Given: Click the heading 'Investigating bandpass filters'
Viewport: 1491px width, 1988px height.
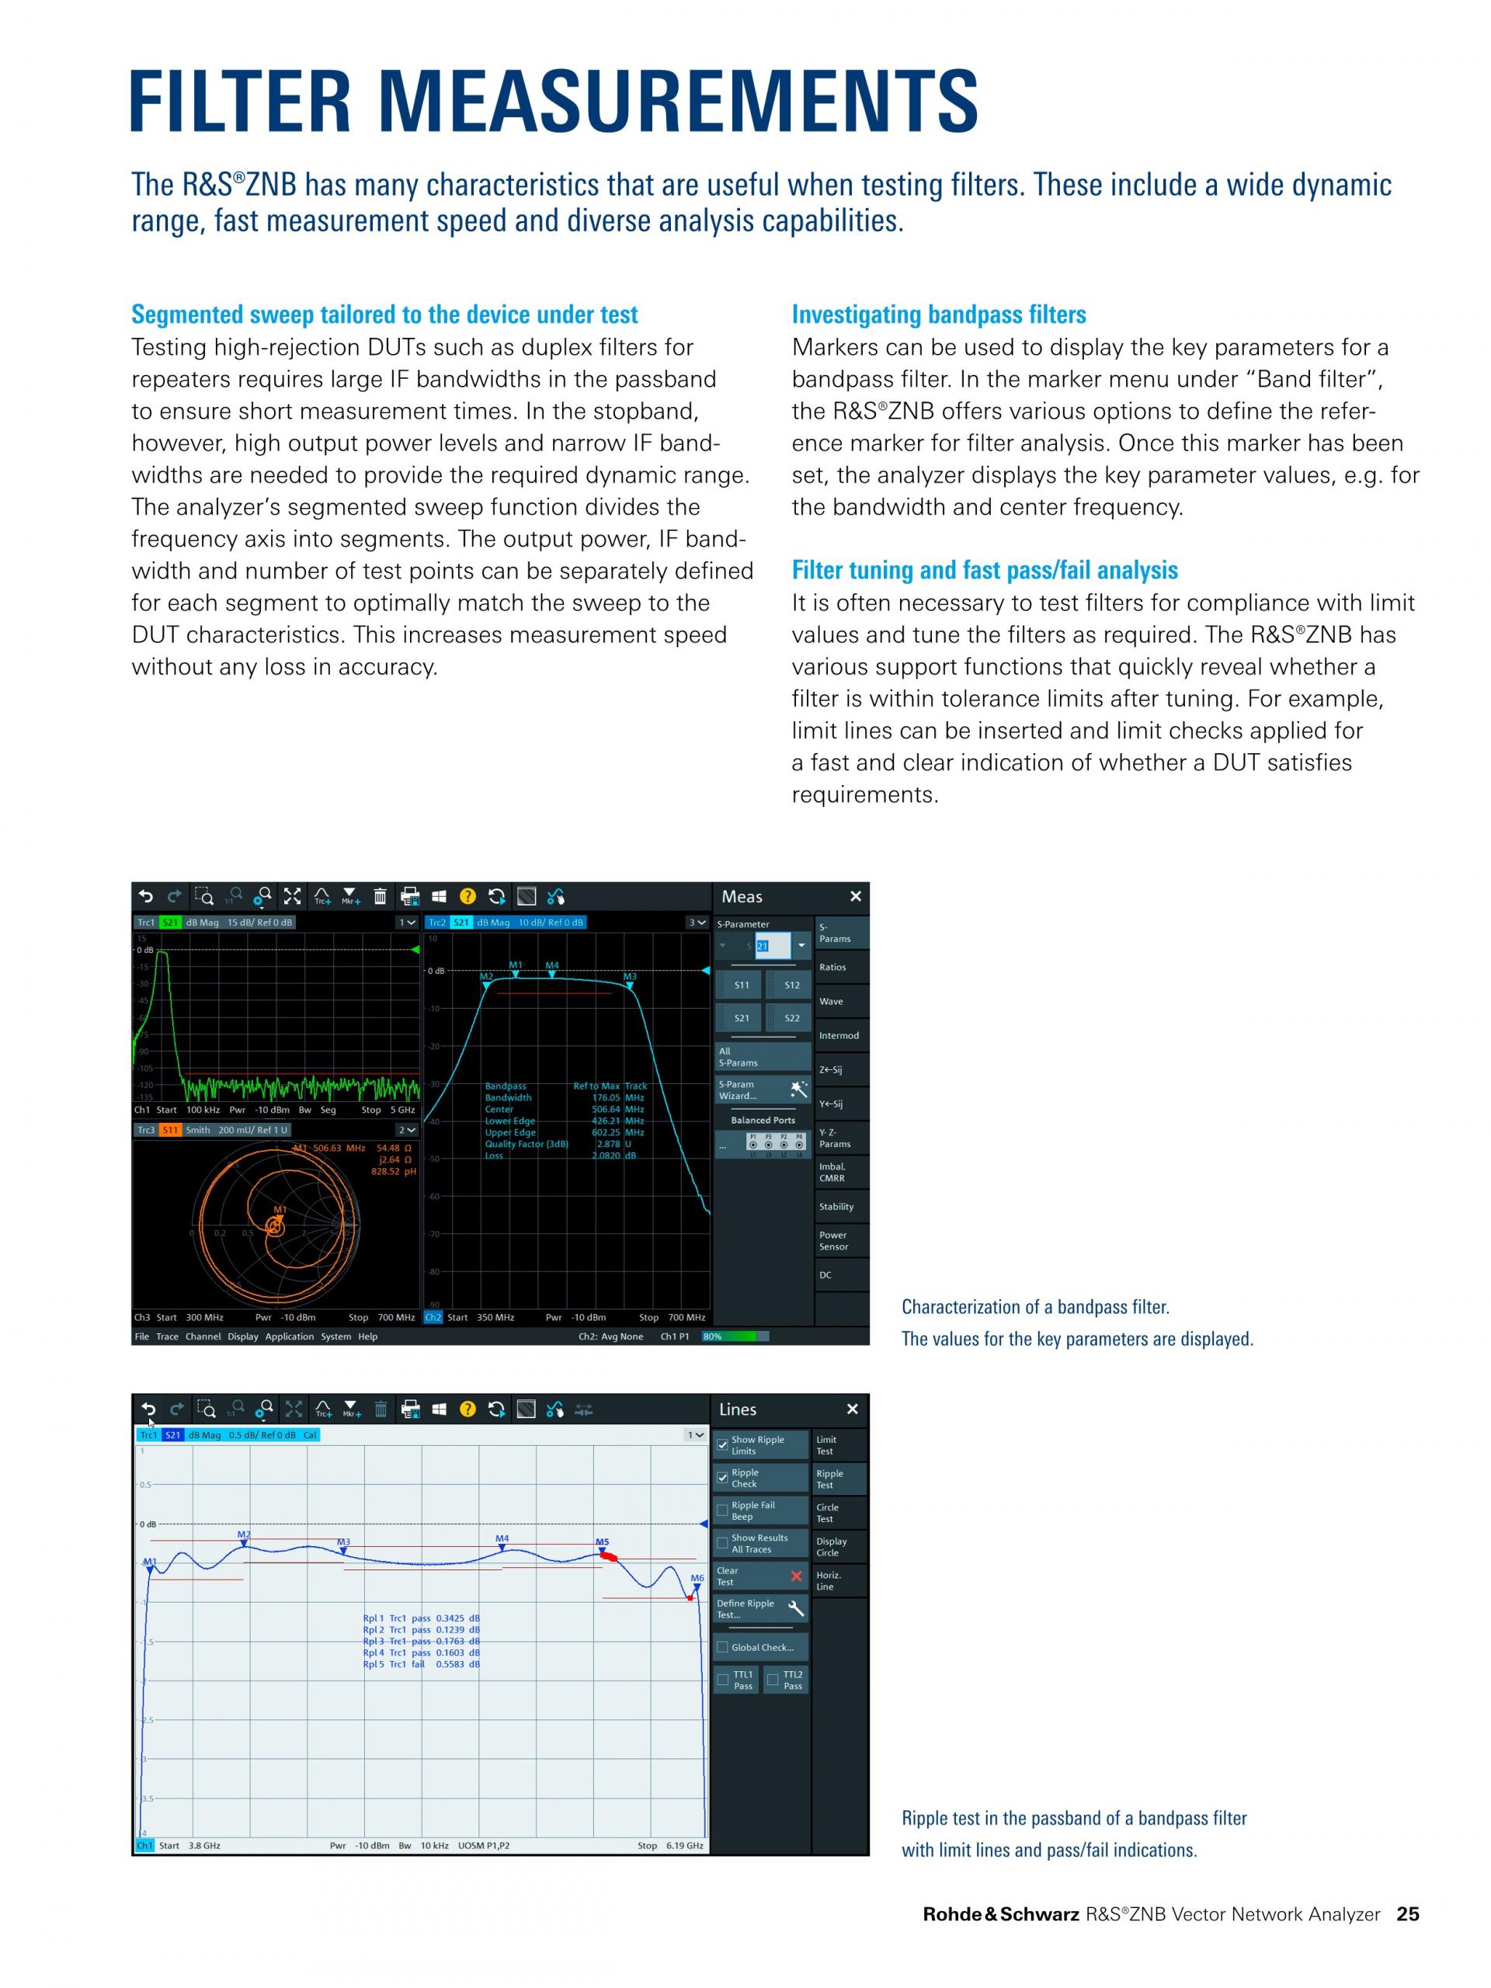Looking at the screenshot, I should pos(938,315).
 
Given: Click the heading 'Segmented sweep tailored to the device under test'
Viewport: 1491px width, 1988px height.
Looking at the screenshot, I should pos(384,315).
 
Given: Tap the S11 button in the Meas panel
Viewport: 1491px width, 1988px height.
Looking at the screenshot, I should pos(742,985).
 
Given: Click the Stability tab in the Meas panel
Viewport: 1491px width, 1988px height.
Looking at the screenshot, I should pos(836,1207).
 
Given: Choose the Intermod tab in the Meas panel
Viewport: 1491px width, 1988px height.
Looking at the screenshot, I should pos(839,1035).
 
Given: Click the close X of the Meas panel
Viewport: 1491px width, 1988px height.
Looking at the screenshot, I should pos(856,896).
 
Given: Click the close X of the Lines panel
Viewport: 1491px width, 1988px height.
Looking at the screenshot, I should pos(852,1409).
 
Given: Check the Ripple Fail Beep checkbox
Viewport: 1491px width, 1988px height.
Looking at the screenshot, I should pos(722,1510).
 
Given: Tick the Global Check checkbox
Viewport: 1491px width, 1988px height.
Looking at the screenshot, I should pos(722,1647).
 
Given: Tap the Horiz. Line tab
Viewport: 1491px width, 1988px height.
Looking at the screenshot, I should pos(829,1581).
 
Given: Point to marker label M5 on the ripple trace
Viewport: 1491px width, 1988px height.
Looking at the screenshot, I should pos(602,1542).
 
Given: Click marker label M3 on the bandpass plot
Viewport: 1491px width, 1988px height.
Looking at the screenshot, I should pos(630,977).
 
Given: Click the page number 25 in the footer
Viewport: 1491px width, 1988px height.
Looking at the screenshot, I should pos(1407,1914).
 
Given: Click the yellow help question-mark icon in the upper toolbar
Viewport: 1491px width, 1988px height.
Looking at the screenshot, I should pos(467,896).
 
